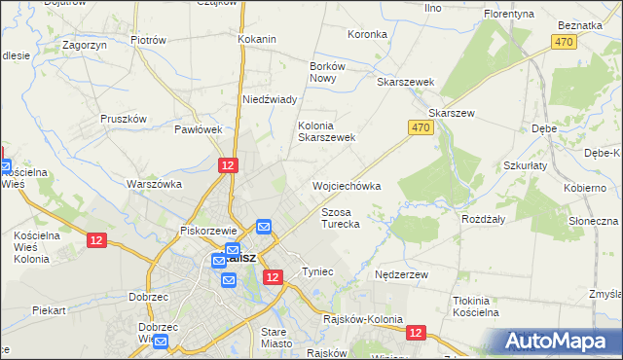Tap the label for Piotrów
coord(148,40)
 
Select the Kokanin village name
coord(257,39)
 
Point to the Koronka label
coord(367,34)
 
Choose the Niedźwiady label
coord(269,99)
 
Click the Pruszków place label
coord(123,119)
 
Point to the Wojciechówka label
coord(346,185)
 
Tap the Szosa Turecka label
coord(341,218)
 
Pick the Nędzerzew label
coord(402,275)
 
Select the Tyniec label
coord(318,271)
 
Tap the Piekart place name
coord(48,310)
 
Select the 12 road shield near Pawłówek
coord(227,166)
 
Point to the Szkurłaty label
coord(526,165)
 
